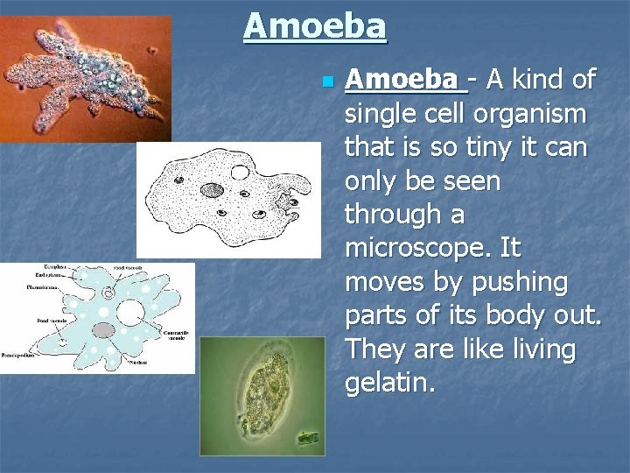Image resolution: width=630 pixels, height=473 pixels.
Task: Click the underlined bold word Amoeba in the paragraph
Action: pos(403,81)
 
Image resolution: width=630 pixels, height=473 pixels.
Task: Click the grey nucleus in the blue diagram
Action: pos(104,331)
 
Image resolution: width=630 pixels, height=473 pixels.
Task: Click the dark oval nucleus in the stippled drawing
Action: pos(212,189)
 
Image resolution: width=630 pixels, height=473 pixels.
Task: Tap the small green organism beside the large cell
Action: pos(308,434)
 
